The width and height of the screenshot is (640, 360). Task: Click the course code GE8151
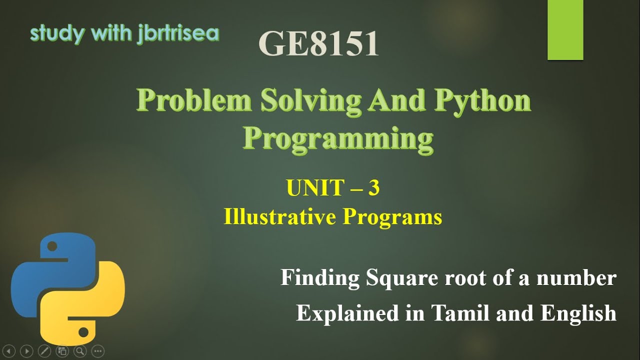click(318, 43)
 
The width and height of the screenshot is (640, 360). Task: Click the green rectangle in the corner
click(565, 30)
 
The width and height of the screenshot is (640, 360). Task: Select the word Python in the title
click(482, 101)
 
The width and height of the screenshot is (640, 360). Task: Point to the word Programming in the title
click(338, 138)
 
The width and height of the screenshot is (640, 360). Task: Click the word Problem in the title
click(194, 101)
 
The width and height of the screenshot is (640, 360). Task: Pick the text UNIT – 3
click(332, 188)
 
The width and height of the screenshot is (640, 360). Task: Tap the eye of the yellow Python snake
click(84, 331)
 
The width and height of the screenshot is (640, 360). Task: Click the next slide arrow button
click(27, 350)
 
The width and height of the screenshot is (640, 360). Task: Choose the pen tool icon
click(44, 350)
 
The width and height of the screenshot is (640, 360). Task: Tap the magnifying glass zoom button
click(80, 350)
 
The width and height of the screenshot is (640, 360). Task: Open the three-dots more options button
click(98, 350)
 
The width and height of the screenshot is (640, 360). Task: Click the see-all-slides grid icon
click(62, 350)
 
